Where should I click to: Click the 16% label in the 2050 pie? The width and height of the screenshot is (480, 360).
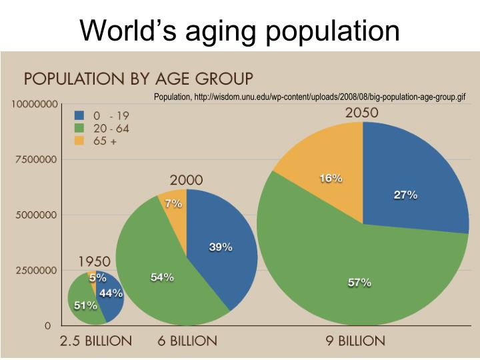coord(331,178)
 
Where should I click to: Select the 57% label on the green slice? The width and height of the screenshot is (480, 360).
coord(359,283)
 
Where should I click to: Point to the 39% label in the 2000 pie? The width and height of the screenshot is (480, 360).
coord(221,247)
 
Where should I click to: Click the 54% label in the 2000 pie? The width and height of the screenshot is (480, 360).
coord(162,277)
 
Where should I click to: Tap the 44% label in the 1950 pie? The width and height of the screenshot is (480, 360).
coord(111,293)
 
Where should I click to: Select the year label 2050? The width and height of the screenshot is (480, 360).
coord(362,113)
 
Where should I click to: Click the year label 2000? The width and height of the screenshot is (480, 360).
coord(187,180)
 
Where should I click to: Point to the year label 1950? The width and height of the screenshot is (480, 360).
coord(95,261)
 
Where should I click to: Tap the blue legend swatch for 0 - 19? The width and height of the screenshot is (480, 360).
coord(79,114)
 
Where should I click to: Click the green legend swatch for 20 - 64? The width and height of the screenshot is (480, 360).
coord(79,127)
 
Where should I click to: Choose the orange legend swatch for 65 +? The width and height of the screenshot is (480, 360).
coord(79,141)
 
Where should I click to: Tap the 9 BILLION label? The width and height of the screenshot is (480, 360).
coord(355,341)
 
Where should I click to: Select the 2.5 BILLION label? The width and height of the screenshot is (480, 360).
coord(96,341)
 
